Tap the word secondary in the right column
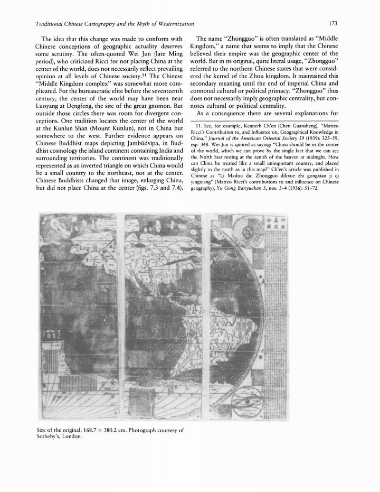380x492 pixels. (205, 87)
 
